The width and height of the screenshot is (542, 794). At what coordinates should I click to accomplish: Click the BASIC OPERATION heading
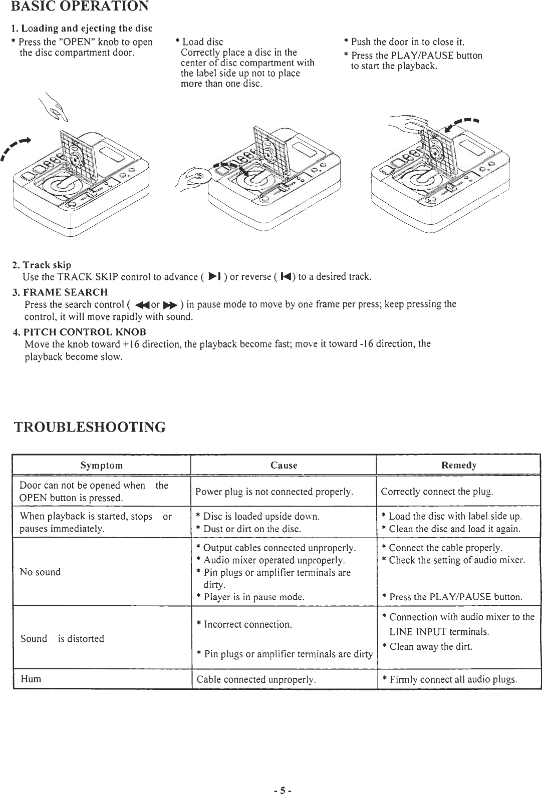point(79,7)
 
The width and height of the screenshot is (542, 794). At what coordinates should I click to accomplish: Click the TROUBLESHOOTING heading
point(89,427)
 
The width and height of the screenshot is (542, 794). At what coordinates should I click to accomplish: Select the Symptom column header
point(102,465)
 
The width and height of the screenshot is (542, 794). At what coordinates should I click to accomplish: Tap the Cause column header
point(284,465)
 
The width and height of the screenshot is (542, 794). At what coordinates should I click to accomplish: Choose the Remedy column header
point(458,465)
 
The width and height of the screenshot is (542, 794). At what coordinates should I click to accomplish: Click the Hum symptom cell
point(31,679)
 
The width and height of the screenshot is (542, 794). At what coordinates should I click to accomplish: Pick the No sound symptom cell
point(40,572)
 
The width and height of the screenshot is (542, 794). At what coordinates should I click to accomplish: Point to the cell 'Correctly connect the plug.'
point(437,491)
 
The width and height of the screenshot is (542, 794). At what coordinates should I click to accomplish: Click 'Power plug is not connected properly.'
point(275,491)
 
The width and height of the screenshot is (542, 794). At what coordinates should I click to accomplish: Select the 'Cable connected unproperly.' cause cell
point(255,680)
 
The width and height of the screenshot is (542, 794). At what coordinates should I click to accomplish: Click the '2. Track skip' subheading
point(42,264)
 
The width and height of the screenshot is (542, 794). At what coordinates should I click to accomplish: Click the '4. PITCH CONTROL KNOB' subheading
point(79,332)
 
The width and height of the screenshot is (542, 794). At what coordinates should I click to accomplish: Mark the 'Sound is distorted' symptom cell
point(62,639)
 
